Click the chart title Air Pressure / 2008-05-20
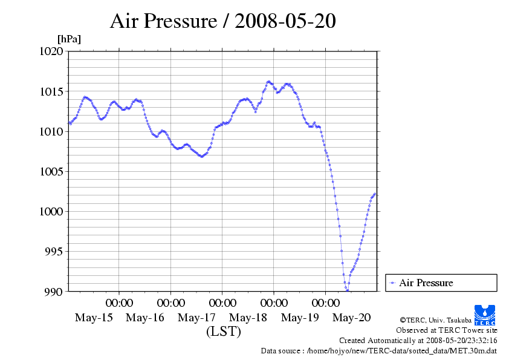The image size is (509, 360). pyautogui.click(x=222, y=22)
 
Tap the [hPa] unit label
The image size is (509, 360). pyautogui.click(x=69, y=39)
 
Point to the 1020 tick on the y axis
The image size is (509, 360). pyautogui.click(x=51, y=51)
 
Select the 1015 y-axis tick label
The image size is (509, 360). pyautogui.click(x=51, y=92)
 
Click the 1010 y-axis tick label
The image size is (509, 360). pyautogui.click(x=51, y=132)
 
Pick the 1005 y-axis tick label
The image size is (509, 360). pyautogui.click(x=51, y=172)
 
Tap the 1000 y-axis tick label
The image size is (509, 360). pyautogui.click(x=51, y=212)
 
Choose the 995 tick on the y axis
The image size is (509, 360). pyautogui.click(x=54, y=252)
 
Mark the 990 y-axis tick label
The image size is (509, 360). pyautogui.click(x=54, y=292)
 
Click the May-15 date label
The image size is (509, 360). pyautogui.click(x=94, y=318)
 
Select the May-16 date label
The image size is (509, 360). pyautogui.click(x=145, y=318)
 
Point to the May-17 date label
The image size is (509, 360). pyautogui.click(x=197, y=318)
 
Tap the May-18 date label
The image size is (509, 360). pyautogui.click(x=249, y=318)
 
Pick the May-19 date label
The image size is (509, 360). pyautogui.click(x=300, y=318)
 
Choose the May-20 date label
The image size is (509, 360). pyautogui.click(x=352, y=318)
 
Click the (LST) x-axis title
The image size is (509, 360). pyautogui.click(x=223, y=332)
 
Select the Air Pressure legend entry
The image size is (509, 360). pyautogui.click(x=426, y=283)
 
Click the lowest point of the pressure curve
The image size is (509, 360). pyautogui.click(x=347, y=290)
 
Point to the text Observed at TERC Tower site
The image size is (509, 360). pyautogui.click(x=446, y=330)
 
